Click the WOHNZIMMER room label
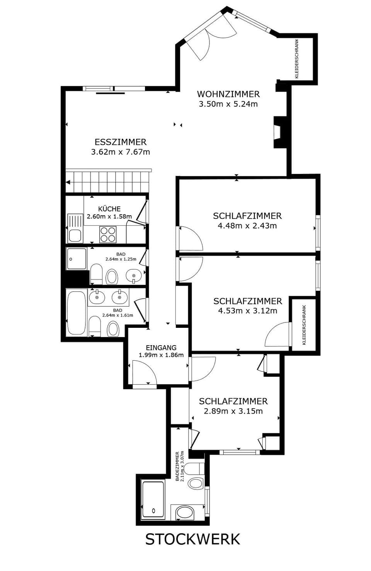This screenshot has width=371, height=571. tap(228, 94)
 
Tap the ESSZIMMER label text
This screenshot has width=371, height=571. tap(121, 142)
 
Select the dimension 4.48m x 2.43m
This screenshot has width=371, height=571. tap(247, 226)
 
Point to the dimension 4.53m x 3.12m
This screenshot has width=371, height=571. tap(248, 311)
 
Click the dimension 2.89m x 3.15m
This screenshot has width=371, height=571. tap(233, 411)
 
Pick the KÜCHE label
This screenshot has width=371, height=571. tap(109, 209)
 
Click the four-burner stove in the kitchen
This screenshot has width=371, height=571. tap(108, 234)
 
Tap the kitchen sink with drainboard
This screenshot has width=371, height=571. tap(75, 228)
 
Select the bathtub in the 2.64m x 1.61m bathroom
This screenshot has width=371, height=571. tap(77, 313)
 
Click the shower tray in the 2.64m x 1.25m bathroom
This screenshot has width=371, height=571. tap(77, 259)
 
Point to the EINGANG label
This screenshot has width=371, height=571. tap(161, 348)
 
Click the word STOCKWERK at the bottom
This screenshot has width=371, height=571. tap(192, 539)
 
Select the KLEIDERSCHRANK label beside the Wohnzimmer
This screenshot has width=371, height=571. tap(297, 59)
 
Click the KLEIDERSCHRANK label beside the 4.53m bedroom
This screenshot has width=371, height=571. tap(304, 325)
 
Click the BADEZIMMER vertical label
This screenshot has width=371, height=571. tap(177, 466)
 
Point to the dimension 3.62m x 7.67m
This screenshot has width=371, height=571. tap(121, 152)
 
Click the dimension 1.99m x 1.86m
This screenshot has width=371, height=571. tap(161, 355)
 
